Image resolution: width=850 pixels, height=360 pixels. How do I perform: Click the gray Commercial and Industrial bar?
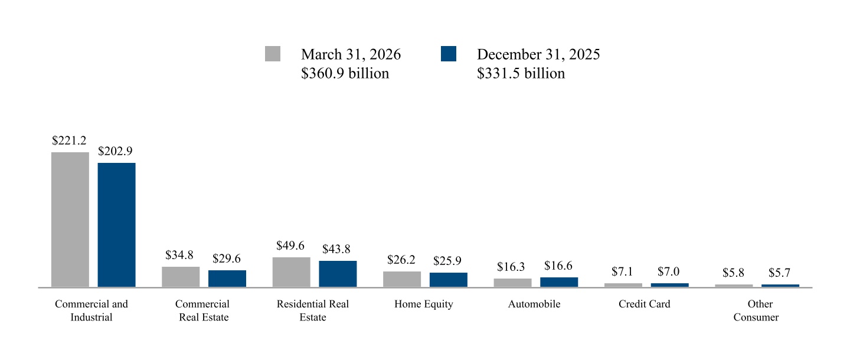click(70, 220)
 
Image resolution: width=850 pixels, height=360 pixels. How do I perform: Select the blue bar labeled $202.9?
click(116, 225)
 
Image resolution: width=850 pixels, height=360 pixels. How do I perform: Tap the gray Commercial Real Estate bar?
click(181, 277)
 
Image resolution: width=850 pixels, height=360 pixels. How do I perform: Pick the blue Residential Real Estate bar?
click(338, 274)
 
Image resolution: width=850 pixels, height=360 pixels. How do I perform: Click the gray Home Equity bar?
click(402, 279)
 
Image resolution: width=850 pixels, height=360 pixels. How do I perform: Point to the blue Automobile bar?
click(559, 282)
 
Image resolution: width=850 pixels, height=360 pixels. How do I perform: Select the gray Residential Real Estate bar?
click(292, 273)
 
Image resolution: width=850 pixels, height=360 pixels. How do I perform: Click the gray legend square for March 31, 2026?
click(273, 54)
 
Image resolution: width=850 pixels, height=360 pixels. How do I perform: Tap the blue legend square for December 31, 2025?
click(449, 54)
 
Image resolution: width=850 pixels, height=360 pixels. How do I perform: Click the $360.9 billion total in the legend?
click(345, 73)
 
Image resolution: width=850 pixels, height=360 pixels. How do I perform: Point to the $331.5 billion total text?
click(521, 73)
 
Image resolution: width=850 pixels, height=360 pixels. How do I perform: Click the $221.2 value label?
click(69, 140)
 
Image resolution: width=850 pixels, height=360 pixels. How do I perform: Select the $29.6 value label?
click(227, 258)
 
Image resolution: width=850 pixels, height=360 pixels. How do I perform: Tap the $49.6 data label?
click(290, 246)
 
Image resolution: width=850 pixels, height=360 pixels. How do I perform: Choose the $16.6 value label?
click(558, 266)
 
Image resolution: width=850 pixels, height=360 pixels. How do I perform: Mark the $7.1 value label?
click(622, 271)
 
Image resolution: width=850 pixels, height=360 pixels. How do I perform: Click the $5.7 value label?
click(779, 273)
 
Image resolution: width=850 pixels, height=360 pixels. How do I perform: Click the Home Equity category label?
click(424, 305)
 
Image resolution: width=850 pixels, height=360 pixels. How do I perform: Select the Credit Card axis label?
click(645, 304)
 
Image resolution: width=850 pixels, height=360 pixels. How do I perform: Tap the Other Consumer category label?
click(756, 310)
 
